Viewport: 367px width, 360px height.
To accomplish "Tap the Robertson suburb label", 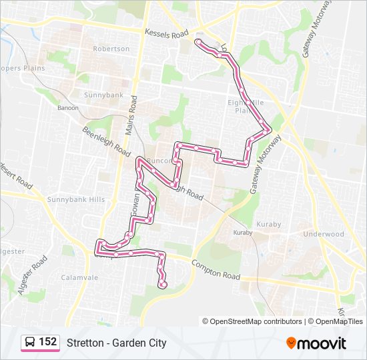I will pyautogui.click(x=111, y=49).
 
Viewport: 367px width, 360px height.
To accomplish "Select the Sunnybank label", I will pyautogui.click(x=103, y=95).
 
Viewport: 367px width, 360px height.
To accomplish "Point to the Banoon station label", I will pyautogui.click(x=68, y=108).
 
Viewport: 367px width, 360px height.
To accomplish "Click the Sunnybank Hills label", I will pyautogui.click(x=76, y=199).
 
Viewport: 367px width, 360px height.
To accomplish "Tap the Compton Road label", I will pyautogui.click(x=215, y=269).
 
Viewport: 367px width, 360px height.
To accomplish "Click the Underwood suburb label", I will pyautogui.click(x=323, y=234).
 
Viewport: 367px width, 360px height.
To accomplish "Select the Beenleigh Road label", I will pyautogui.click(x=107, y=141).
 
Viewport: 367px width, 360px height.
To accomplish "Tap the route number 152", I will pyautogui.click(x=47, y=342).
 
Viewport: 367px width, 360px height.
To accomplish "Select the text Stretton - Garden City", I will pyautogui.click(x=116, y=343).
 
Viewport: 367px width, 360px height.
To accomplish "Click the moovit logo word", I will pyautogui.click(x=322, y=343).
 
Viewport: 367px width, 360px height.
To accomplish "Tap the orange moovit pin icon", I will pyautogui.click(x=291, y=343).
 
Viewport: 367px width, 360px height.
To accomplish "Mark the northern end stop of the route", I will pyautogui.click(x=198, y=43).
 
